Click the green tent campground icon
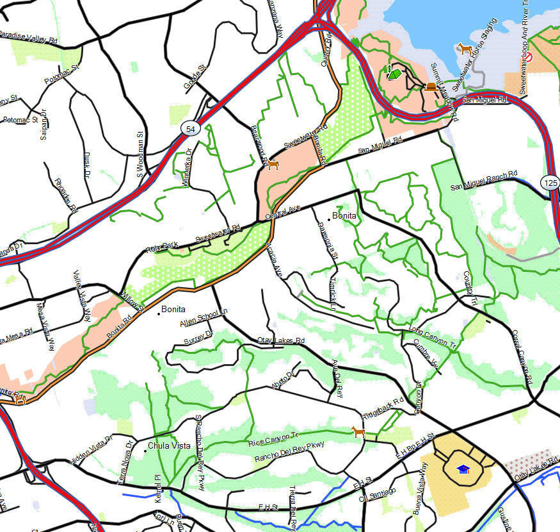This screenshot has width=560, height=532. pos(395,74)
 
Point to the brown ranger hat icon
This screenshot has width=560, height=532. pos(432,87)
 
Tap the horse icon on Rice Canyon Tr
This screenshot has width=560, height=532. pos(358,432)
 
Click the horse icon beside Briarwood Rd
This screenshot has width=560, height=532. pos(273,165)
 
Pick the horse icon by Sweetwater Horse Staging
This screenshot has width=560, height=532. pos(464,49)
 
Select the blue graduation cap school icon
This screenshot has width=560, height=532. pos(463,470)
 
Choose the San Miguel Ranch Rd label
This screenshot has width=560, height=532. pos(484,181)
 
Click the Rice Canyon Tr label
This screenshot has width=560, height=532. pos(273,439)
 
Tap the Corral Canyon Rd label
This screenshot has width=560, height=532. pos(522,358)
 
